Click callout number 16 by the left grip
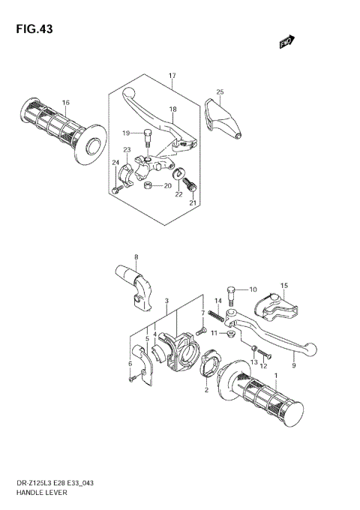pos(66,103)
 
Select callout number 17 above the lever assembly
pos(172,76)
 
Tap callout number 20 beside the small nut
pos(167,185)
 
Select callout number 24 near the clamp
pos(115,163)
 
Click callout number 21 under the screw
pos(193,202)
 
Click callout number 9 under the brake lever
pos(294,366)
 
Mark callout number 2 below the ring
pos(206,390)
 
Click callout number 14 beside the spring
pos(218,300)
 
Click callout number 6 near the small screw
pos(129,364)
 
